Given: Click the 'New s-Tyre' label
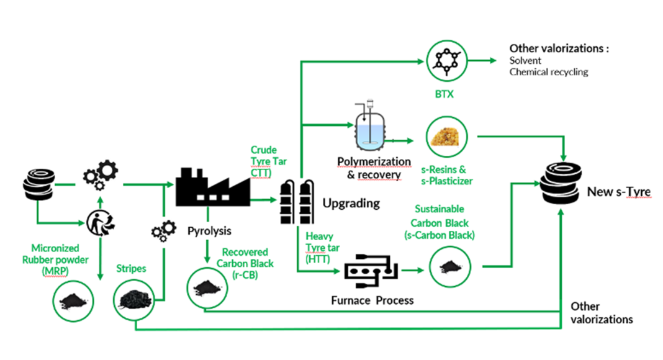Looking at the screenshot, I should pyautogui.click(x=618, y=192).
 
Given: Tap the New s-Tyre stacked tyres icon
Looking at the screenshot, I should pyautogui.click(x=562, y=182).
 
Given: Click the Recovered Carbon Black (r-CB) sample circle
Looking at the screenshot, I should pyautogui.click(x=205, y=287).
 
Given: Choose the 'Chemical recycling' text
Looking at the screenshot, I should pyautogui.click(x=548, y=72).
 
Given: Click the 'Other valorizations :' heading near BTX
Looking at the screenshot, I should pyautogui.click(x=559, y=48).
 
